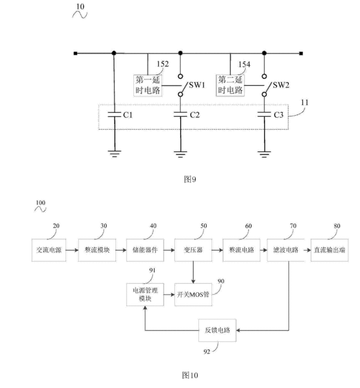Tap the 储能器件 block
pos(142,251)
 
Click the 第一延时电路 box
pos(149,85)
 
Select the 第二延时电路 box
pos(232,85)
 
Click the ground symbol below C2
pos(181,154)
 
